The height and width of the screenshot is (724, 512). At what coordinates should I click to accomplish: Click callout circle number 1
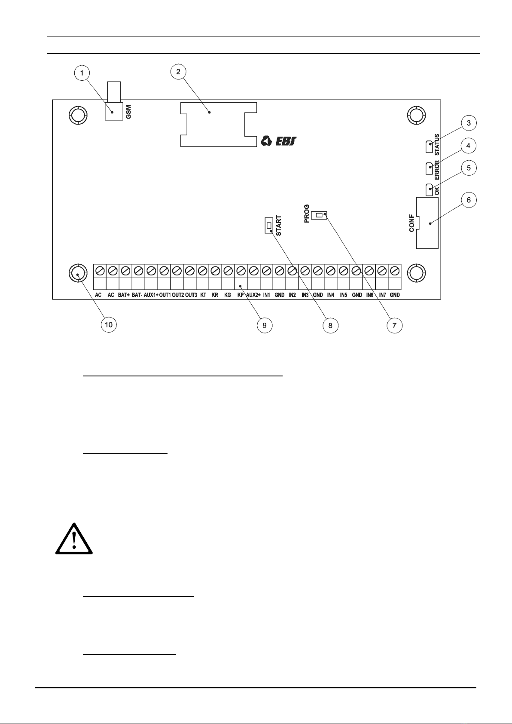[82, 73]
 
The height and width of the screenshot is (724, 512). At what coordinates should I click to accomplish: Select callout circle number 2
[178, 71]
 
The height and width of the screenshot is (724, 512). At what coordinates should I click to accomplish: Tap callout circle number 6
[469, 200]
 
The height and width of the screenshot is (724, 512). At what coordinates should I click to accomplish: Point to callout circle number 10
[109, 324]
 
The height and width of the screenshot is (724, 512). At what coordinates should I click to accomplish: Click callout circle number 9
[265, 325]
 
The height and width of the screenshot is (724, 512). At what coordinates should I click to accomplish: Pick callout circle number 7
[394, 325]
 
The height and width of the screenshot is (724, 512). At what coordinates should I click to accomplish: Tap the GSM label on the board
[128, 112]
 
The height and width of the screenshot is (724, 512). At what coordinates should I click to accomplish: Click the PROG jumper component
[320, 215]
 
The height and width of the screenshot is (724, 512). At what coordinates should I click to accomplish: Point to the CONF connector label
[411, 223]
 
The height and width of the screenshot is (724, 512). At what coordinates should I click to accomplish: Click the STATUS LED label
[437, 145]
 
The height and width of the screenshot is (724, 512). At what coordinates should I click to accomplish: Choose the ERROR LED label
[437, 168]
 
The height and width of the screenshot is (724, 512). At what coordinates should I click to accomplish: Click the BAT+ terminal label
[124, 295]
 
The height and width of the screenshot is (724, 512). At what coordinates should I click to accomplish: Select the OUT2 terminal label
[178, 295]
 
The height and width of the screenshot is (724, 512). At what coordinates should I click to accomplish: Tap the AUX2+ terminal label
[253, 295]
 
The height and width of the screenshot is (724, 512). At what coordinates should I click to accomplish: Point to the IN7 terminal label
[382, 295]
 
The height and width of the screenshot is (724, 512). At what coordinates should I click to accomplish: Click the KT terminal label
[203, 295]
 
